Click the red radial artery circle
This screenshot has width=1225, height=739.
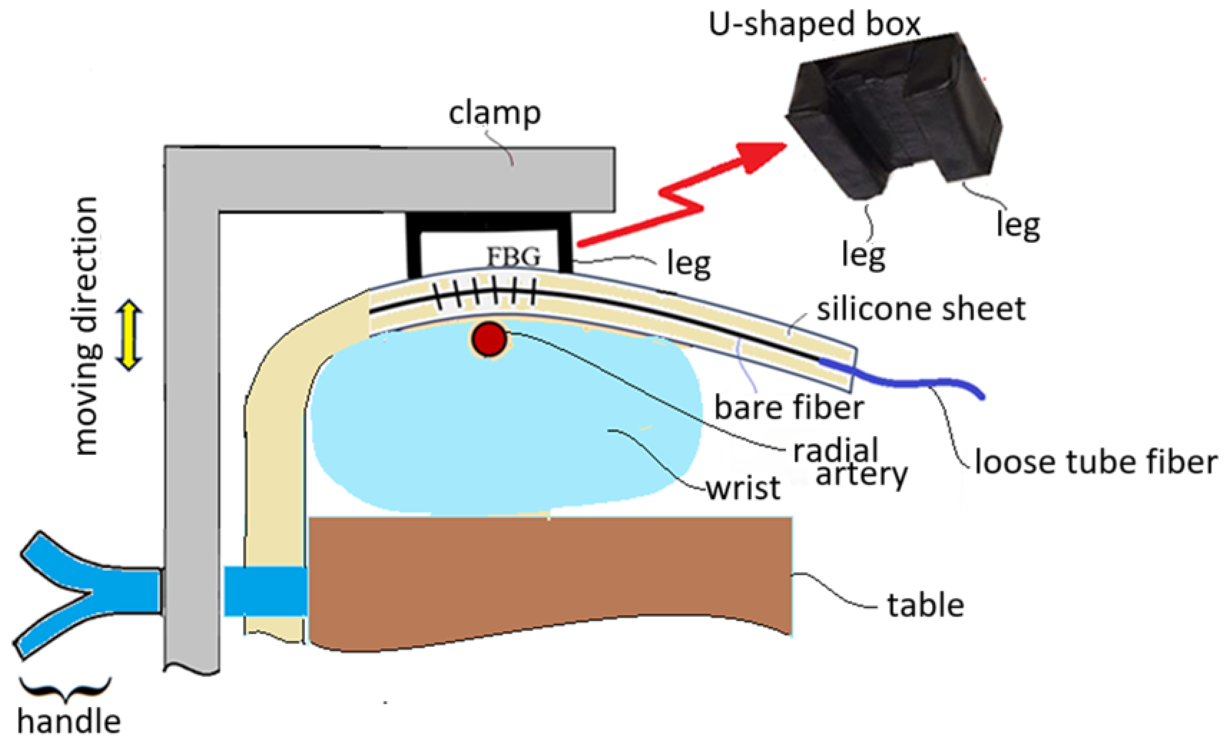tap(489, 338)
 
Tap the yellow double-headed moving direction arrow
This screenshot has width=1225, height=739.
tap(129, 335)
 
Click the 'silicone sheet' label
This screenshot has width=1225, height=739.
tap(921, 309)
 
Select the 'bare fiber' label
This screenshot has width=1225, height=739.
tap(789, 408)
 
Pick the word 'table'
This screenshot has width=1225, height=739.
tap(926, 606)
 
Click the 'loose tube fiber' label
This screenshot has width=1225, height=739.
tap(1096, 462)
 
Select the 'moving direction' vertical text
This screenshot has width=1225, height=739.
tap(87, 326)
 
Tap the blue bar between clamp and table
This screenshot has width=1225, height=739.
tap(265, 591)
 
